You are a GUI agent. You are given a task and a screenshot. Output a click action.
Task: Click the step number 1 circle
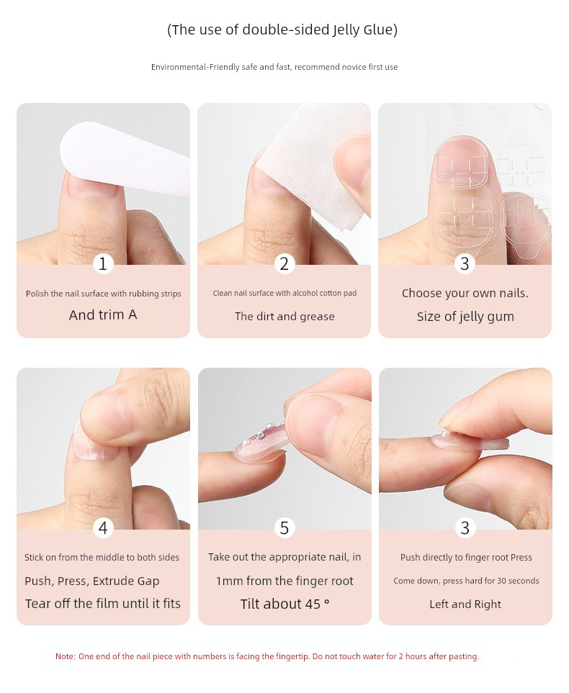[x=103, y=264]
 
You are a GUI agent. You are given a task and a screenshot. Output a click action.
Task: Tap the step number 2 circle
[x=284, y=264]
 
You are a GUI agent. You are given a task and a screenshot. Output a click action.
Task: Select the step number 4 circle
[x=103, y=528]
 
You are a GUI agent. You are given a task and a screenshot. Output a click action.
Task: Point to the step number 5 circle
[x=284, y=528]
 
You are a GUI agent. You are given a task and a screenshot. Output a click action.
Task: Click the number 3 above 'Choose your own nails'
[x=465, y=264]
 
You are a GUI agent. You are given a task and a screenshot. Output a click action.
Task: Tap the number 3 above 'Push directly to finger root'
[x=465, y=528]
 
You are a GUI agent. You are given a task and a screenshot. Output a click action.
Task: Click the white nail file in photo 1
[x=124, y=157]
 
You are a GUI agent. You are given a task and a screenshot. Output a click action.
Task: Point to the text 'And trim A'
[x=103, y=314]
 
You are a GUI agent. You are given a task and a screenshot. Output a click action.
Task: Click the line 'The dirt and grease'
[x=284, y=317]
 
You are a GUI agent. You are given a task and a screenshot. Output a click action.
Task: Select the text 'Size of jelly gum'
[x=465, y=317]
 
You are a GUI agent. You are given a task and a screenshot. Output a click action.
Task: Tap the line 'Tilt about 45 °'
[x=285, y=604]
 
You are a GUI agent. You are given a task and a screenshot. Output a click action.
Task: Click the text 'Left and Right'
[x=465, y=604]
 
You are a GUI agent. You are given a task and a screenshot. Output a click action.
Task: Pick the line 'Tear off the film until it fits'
[x=103, y=604]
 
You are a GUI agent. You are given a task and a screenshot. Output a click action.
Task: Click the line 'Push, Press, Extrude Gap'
[x=92, y=581]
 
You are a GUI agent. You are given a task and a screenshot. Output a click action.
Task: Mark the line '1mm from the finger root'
[x=285, y=581]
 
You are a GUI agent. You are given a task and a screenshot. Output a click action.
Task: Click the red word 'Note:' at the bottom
[x=66, y=656]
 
